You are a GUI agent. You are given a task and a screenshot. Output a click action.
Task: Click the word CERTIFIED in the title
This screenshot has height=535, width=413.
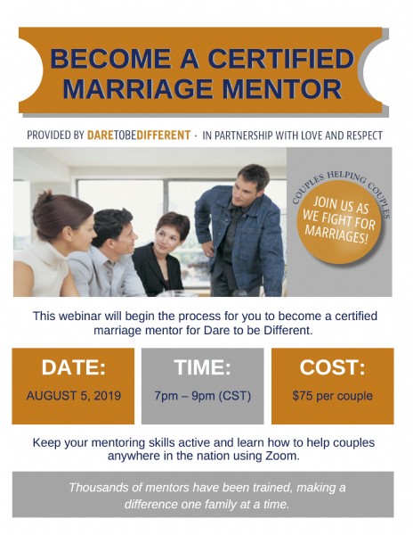280,58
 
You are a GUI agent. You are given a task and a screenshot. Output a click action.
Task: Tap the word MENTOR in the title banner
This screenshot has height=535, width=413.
281,88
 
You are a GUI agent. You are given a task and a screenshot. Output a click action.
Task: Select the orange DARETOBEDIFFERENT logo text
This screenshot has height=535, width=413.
139,136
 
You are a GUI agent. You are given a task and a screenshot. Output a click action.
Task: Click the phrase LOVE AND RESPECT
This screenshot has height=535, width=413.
342,136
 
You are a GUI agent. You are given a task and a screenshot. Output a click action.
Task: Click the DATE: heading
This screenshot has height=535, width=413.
74,367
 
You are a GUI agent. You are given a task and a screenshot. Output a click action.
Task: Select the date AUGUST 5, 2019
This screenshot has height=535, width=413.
74,395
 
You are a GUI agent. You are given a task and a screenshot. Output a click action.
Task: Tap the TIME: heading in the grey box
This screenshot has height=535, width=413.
203,367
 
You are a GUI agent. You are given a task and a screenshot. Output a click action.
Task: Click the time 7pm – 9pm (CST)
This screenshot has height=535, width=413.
203,396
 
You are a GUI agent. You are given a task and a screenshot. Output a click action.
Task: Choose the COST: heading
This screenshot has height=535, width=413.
332,367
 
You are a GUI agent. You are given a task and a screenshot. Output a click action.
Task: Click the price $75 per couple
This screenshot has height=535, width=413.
332,396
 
